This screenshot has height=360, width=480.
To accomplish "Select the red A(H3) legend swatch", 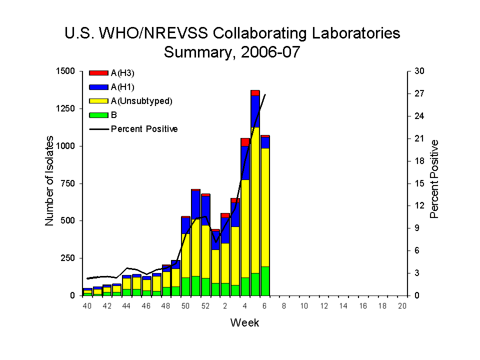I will point(98,73).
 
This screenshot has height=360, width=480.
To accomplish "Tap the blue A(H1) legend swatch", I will point(98,87).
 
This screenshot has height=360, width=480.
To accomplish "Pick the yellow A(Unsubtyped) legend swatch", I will point(98,101).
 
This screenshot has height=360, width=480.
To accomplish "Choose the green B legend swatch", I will point(98,115).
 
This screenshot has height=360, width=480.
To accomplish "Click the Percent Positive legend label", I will point(144,129).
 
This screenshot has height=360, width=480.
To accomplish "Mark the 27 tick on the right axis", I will point(419,93).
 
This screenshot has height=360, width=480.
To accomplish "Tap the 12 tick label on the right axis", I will point(419,206).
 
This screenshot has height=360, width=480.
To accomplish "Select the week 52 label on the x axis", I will point(205,306).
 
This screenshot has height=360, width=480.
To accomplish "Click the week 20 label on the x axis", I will point(402,306).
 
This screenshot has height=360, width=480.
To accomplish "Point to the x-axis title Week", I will point(244,322).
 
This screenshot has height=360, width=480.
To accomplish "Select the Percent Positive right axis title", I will point(434,179).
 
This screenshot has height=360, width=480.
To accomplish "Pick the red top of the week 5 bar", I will point(255,92).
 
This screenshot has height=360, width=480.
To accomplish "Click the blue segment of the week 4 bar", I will point(245,162).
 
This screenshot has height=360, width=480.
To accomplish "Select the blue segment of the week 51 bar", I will point(196,205).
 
